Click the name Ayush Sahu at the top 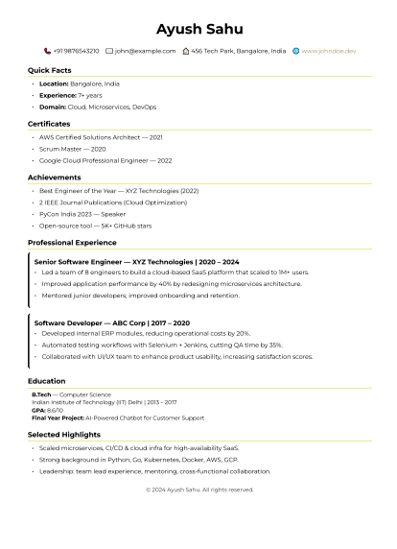(x=199, y=29)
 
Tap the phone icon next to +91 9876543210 (x=47, y=51)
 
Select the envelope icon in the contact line (x=109, y=51)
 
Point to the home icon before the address (x=185, y=51)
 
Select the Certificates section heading (x=49, y=124)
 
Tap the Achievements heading (x=54, y=178)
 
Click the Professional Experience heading (x=72, y=243)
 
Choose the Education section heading (x=47, y=381)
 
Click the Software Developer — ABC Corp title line (x=112, y=323)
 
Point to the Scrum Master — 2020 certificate (x=73, y=149)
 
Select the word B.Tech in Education (x=41, y=394)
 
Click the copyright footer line (x=199, y=489)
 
